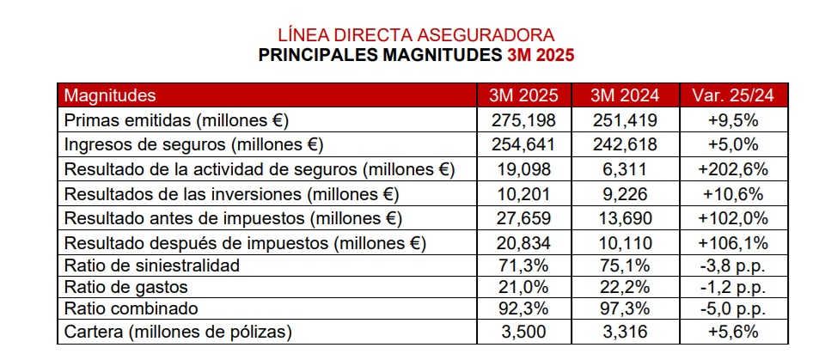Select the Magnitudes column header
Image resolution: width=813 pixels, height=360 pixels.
[x=110, y=95]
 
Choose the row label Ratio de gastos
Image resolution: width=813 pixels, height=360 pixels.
[x=125, y=287]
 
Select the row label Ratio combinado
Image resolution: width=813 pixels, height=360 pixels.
[x=132, y=308]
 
